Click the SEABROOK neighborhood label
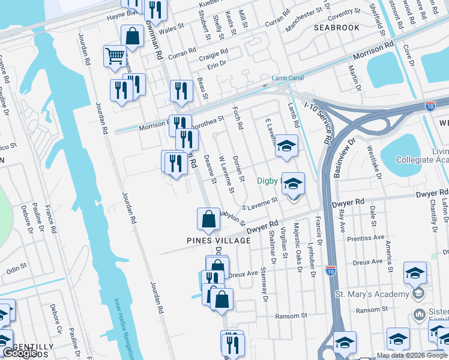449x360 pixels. [x=337, y=28]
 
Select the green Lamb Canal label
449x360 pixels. [x=288, y=78]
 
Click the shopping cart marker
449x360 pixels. [x=115, y=57]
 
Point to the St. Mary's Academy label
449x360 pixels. [x=371, y=294]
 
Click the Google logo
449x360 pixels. [x=20, y=353]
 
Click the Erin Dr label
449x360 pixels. [x=218, y=63]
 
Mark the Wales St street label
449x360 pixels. [x=170, y=28]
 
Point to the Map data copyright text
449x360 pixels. [x=411, y=355]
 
